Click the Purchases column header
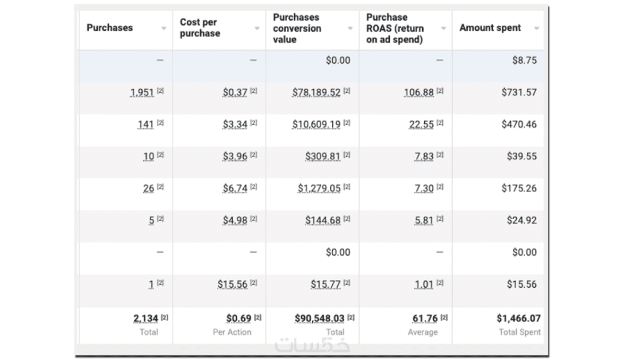pos(110,28)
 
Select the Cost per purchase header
pos(200,28)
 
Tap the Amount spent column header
pos(490,28)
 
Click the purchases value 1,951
pos(142,92)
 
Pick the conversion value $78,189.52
pos(316,92)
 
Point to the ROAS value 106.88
pos(418,92)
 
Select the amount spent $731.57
pos(519,92)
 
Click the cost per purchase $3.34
pos(235,124)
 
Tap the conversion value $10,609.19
pos(316,124)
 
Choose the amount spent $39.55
pos(521,156)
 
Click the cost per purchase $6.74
pos(235,188)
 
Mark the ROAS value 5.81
pos(424,220)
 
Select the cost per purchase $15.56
pos(233,284)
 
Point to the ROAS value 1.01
pos(424,284)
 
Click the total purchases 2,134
pos(146,318)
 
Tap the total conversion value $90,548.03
pos(320,318)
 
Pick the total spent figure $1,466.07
pos(518,318)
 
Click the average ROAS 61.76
pos(425,318)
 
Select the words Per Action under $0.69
pos(232,332)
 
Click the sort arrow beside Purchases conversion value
pos(350,28)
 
